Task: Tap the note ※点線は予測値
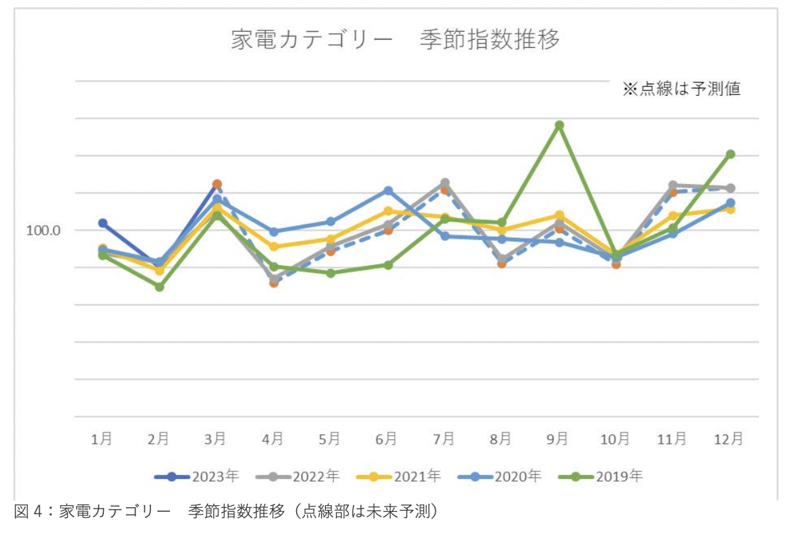click(681, 89)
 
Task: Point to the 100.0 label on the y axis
click(43, 230)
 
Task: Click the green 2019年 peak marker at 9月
click(559, 125)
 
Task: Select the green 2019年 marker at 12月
click(730, 154)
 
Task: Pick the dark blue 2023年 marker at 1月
click(103, 223)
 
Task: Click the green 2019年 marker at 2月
click(159, 287)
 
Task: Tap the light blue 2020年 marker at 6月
click(388, 190)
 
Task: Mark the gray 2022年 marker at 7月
click(445, 182)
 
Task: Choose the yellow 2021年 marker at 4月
click(274, 247)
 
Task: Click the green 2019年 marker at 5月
click(331, 273)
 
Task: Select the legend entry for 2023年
click(196, 476)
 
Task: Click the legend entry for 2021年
click(399, 476)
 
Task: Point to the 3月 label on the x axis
click(216, 439)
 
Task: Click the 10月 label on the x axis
click(615, 439)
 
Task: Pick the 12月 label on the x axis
click(729, 439)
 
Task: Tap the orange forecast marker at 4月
click(274, 283)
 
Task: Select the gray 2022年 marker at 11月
click(673, 185)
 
